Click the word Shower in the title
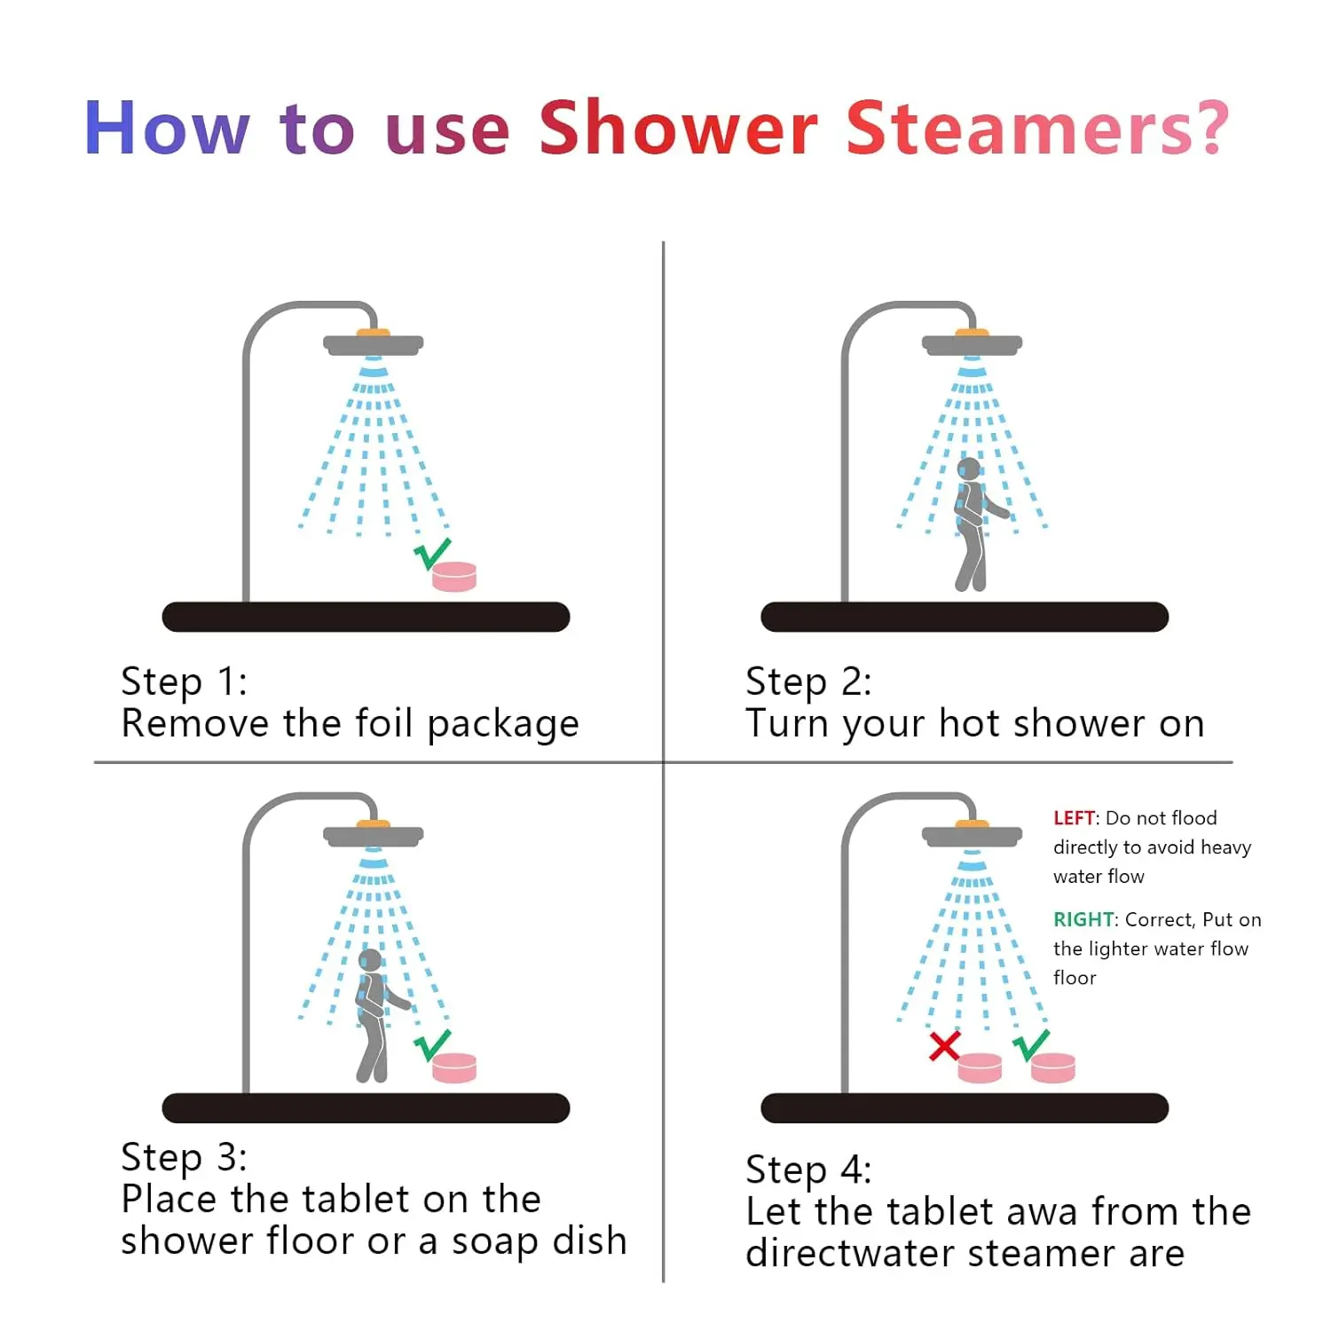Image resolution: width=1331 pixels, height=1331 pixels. click(678, 129)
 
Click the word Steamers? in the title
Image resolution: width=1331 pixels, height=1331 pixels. click(1037, 129)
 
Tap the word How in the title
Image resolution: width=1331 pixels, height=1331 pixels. click(167, 129)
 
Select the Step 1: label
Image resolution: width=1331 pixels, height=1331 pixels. click(184, 681)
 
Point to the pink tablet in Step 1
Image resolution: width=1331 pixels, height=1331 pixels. click(454, 577)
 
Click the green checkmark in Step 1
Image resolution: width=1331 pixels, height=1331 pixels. click(432, 554)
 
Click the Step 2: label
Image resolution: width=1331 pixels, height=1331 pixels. click(808, 681)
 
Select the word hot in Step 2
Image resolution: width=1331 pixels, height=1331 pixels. click(970, 723)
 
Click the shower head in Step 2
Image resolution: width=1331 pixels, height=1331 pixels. click(972, 343)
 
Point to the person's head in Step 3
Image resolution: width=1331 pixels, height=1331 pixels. click(370, 960)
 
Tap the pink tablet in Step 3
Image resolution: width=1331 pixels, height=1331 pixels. click(454, 1067)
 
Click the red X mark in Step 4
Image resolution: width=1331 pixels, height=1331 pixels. click(944, 1046)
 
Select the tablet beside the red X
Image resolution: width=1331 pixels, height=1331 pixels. click(980, 1067)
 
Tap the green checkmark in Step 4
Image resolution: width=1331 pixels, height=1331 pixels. click(1031, 1045)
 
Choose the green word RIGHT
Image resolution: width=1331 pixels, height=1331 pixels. click(1083, 919)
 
